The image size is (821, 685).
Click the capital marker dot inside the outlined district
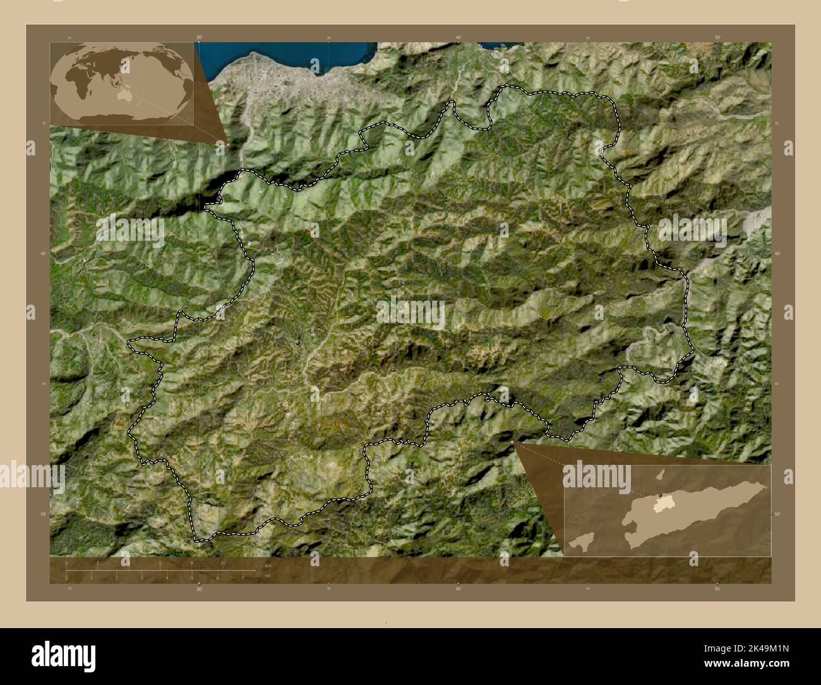[297, 342]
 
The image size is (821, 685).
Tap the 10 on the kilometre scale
[223, 562]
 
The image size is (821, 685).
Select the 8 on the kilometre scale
[192, 562]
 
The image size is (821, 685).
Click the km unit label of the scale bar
[268, 566]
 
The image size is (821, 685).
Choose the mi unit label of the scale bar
[268, 576]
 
